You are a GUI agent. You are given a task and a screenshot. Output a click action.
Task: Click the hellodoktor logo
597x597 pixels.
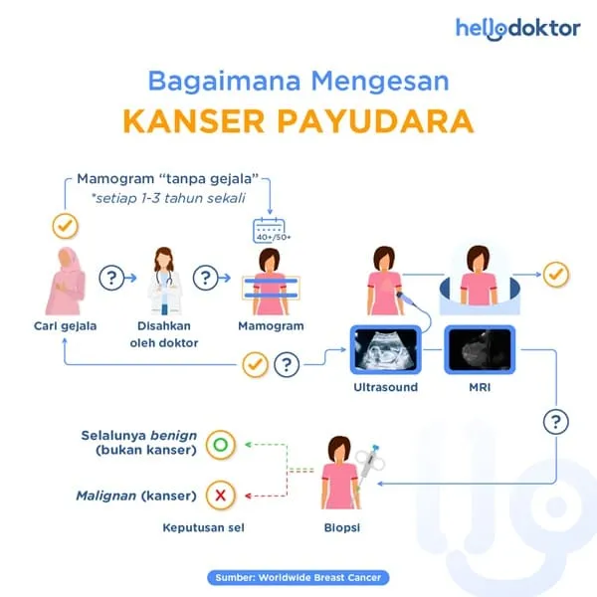pyautogui.click(x=517, y=28)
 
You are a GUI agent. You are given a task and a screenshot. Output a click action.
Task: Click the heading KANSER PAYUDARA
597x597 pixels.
pyautogui.click(x=298, y=120)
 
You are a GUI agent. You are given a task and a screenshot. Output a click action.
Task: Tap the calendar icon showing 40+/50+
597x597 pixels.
pyautogui.click(x=265, y=231)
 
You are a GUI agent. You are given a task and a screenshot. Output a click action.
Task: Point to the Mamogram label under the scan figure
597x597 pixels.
pyautogui.click(x=271, y=327)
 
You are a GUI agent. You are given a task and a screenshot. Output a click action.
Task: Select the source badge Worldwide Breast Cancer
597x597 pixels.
pyautogui.click(x=298, y=577)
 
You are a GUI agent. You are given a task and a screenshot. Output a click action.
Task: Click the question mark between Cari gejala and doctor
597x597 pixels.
pyautogui.click(x=112, y=278)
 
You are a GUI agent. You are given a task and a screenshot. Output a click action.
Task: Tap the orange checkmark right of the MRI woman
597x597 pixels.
pyautogui.click(x=554, y=274)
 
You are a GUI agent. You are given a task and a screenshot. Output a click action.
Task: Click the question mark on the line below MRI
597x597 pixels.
pyautogui.click(x=556, y=422)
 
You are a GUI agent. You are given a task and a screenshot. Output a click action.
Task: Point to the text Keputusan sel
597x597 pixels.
pyautogui.click(x=203, y=527)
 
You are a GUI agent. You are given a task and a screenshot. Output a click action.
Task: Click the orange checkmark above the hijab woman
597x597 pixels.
pyautogui.click(x=65, y=226)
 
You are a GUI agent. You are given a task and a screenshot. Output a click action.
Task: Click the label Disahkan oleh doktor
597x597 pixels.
pyautogui.click(x=164, y=335)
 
